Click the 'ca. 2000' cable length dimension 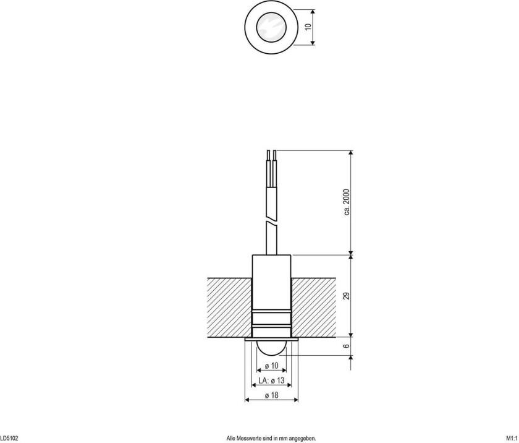point(347,202)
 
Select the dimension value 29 point(347,296)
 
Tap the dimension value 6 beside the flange point(347,348)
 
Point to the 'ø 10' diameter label point(271,367)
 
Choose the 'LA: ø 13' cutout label point(271,381)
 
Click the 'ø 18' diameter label point(271,395)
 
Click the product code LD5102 point(9,438)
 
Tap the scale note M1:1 point(511,438)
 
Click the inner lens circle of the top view point(271,27)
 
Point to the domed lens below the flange point(271,348)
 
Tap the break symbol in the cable point(271,220)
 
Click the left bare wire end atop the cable point(268,155)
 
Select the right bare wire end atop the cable point(274,155)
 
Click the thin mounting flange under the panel point(271,340)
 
